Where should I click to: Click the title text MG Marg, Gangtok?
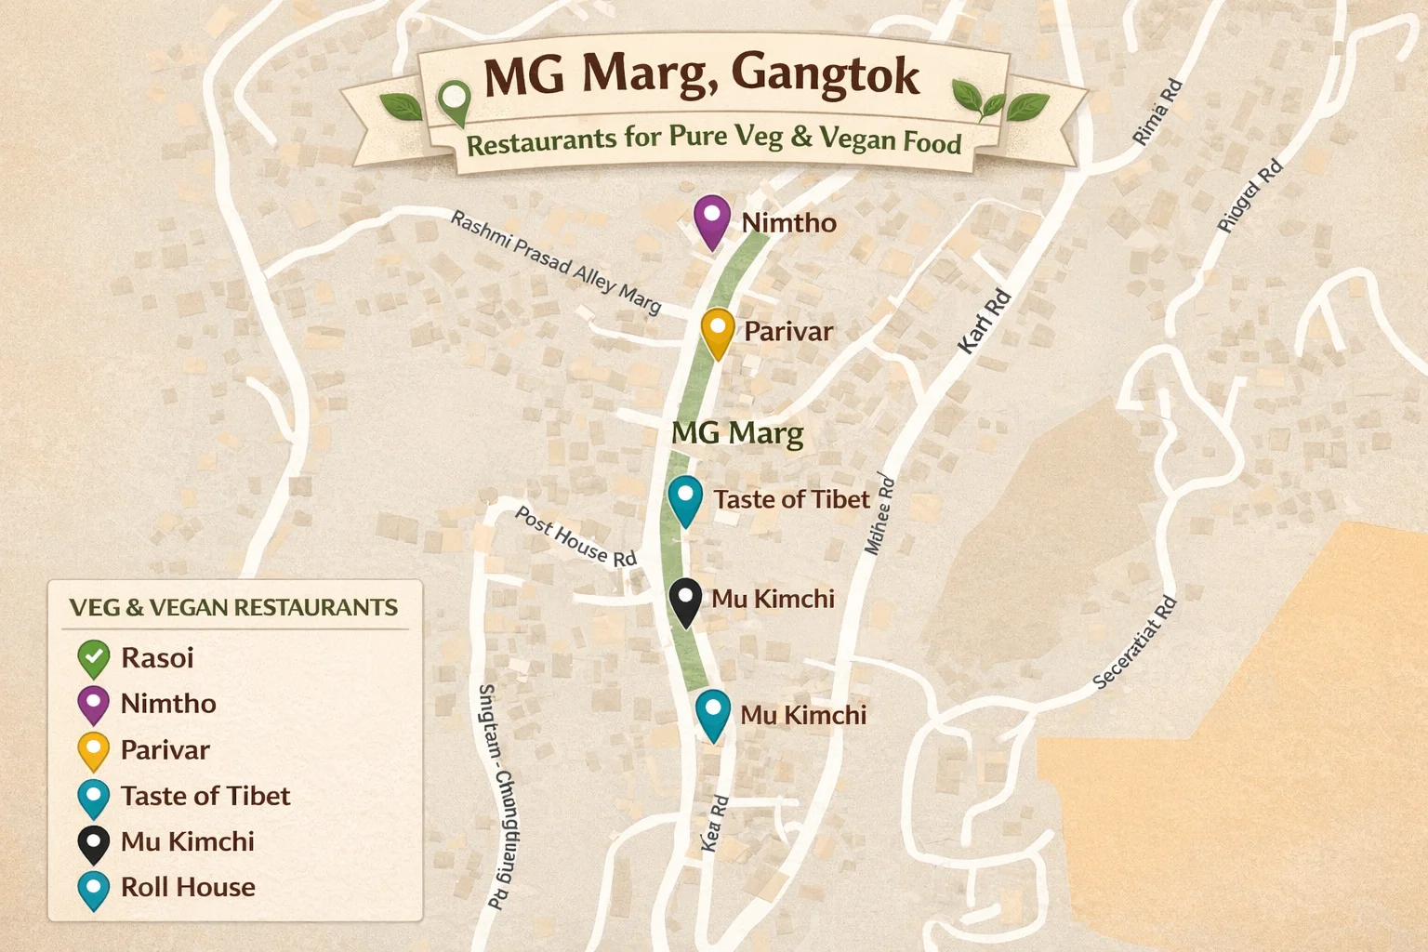click(x=701, y=74)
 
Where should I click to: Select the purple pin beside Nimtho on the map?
click(x=712, y=220)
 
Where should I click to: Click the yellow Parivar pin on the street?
click(x=718, y=332)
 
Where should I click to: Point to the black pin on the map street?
click(x=685, y=601)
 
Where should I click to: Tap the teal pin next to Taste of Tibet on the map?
click(x=685, y=499)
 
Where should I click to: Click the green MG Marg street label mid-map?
click(x=737, y=433)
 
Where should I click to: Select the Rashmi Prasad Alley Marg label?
click(x=556, y=261)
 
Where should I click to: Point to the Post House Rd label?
click(x=575, y=537)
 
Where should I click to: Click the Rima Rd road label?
click(x=1157, y=112)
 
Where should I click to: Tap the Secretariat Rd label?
click(x=1134, y=642)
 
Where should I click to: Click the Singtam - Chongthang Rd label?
click(x=498, y=796)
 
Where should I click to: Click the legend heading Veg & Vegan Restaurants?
click(x=233, y=608)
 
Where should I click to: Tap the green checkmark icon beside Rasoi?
click(x=94, y=658)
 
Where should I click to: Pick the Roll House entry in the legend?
click(x=188, y=887)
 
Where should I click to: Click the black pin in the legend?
click(x=94, y=843)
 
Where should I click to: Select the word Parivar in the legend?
click(x=165, y=749)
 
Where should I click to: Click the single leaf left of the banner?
click(x=401, y=107)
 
